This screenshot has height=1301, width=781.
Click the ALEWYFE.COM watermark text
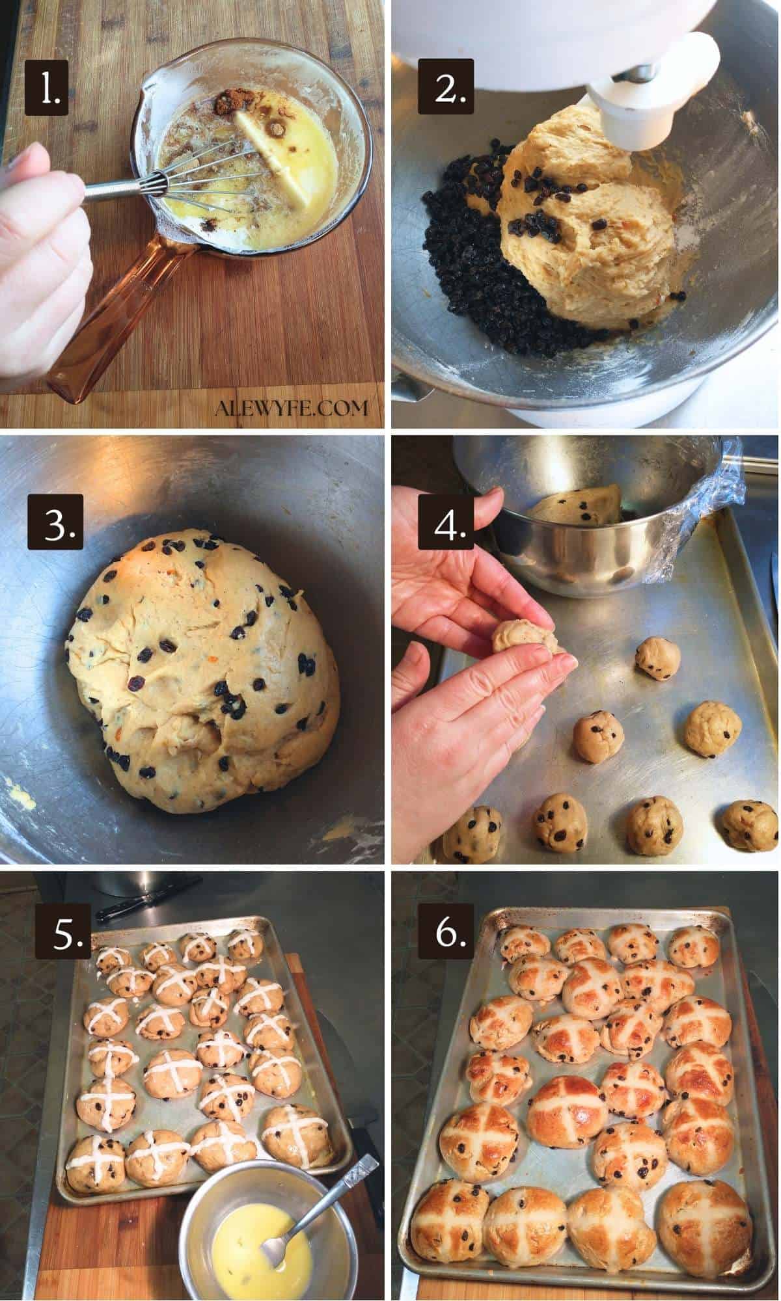point(291,408)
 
